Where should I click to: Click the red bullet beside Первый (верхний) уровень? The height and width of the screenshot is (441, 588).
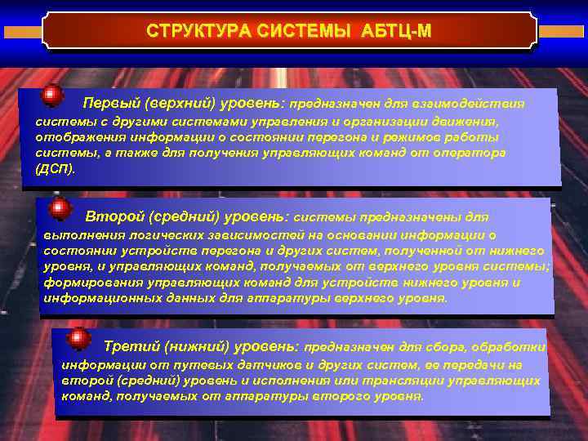click(53, 96)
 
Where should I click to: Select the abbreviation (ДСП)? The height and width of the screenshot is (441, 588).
click(56, 169)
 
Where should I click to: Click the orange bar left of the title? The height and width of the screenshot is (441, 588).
click(21, 32)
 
